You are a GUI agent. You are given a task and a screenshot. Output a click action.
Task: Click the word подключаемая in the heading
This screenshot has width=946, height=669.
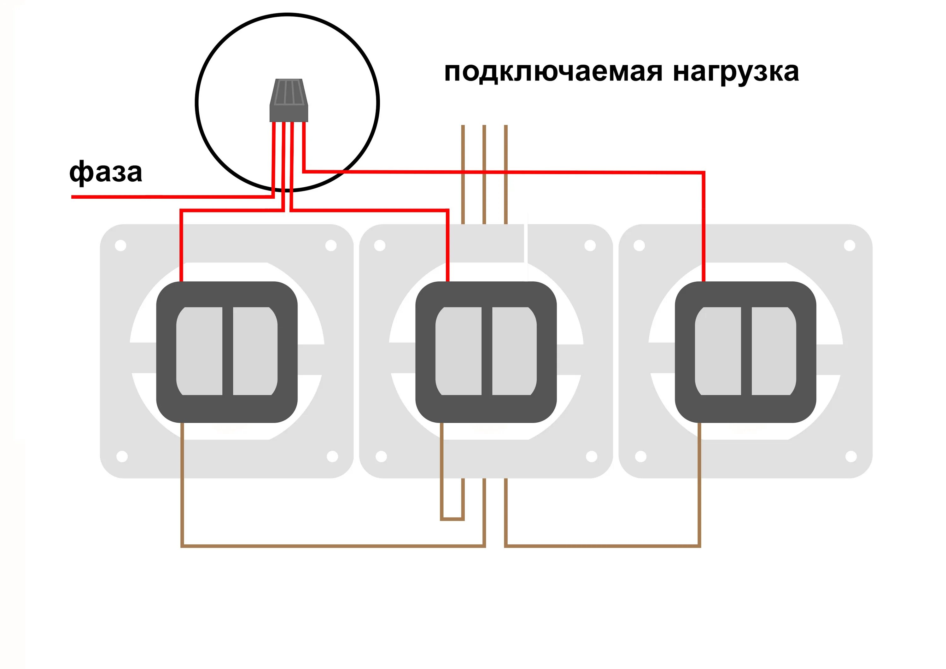tap(554, 72)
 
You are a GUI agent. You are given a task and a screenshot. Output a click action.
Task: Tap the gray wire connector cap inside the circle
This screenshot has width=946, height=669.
tap(289, 100)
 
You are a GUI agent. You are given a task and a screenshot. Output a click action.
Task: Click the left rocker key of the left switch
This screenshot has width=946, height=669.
tap(199, 351)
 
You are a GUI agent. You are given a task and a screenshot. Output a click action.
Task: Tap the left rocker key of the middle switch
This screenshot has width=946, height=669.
tap(458, 351)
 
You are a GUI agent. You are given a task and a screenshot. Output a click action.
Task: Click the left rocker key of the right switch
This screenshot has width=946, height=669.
tap(718, 351)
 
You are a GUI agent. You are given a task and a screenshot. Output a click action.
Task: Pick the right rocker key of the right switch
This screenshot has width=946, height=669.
tap(774, 351)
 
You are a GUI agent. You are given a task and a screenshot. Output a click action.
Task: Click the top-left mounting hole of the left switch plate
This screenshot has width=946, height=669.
tap(121, 246)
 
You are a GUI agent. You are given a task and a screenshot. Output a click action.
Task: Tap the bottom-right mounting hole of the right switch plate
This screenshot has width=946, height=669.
tap(851, 456)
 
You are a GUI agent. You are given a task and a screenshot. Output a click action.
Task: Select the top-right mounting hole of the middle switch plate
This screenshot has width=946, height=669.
tap(590, 246)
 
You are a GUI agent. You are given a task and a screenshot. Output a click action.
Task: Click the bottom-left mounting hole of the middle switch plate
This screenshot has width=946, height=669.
tap(381, 456)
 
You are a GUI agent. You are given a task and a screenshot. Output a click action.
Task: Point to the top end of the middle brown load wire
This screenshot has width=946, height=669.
tap(484, 126)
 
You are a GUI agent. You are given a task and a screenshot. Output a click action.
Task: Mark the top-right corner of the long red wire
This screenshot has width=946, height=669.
tap(703, 173)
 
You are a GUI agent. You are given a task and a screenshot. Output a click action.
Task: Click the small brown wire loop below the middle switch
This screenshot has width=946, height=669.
tap(453, 519)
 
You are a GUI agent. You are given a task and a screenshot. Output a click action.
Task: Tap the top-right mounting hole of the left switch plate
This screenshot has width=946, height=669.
tap(331, 246)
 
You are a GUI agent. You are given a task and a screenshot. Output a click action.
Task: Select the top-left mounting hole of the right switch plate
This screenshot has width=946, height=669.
tap(639, 246)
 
